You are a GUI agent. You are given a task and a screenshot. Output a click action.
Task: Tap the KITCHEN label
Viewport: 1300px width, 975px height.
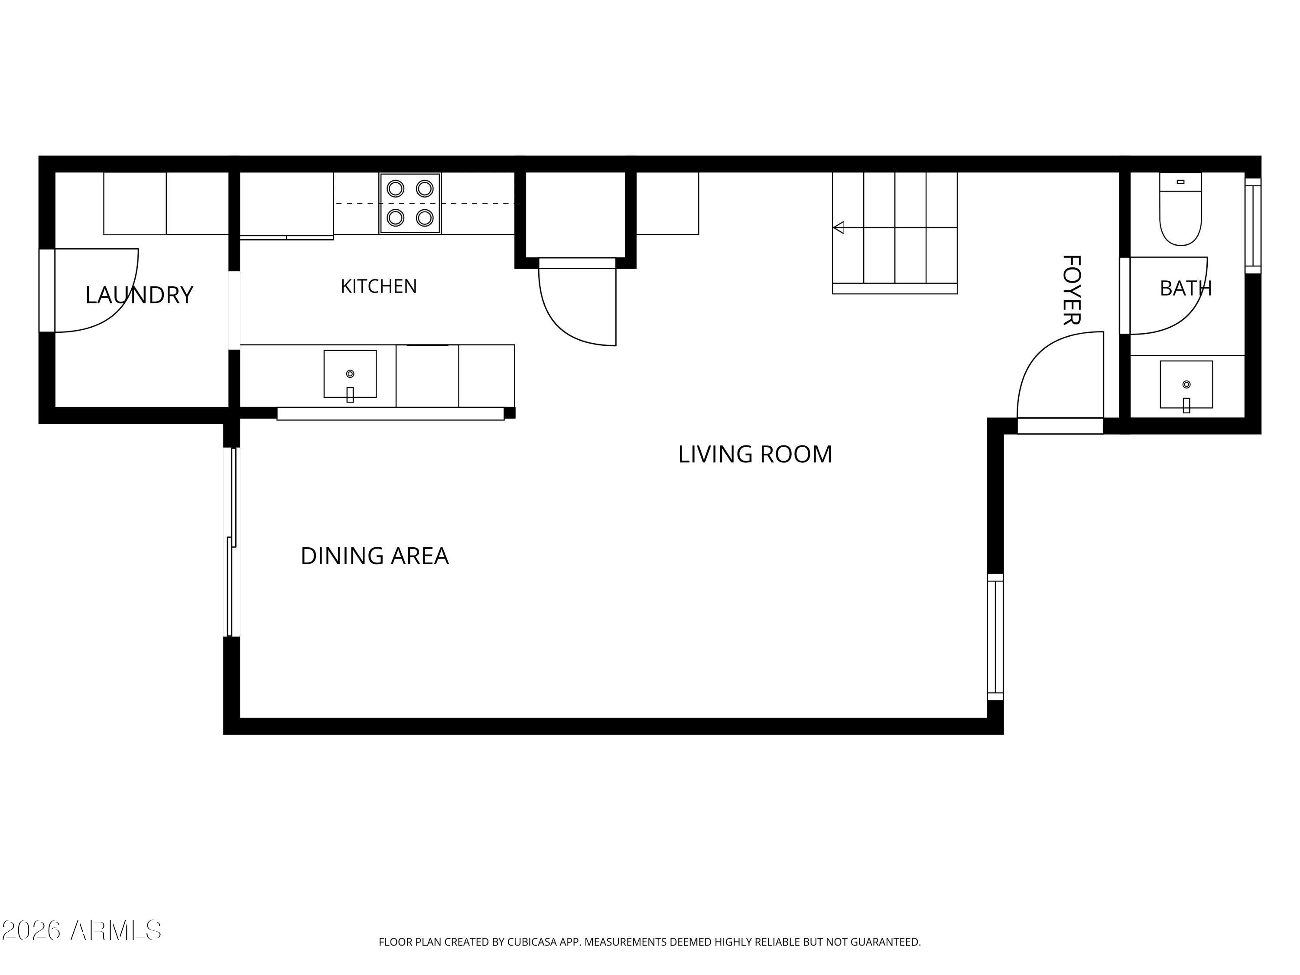coord(379,286)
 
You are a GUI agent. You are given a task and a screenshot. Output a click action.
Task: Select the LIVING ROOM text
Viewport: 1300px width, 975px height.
coord(755,454)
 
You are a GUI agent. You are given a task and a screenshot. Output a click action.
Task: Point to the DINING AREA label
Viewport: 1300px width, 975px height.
coord(374,556)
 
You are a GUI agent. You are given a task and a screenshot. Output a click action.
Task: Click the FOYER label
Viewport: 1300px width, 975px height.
coord(1072,290)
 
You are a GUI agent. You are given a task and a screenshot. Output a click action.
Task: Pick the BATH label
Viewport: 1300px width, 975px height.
coord(1186,288)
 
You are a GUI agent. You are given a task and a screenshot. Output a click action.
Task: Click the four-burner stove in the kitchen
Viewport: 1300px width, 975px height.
coord(410,203)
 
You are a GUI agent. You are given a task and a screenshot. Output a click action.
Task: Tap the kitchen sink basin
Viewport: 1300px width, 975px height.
coord(350,374)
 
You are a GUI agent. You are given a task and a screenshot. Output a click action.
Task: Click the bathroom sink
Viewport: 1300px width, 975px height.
coord(1186,384)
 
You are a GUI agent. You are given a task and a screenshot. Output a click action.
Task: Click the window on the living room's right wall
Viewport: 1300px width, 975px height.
coord(995,637)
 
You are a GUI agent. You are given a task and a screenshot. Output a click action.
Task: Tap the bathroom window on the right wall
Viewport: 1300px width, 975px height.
coord(1254,226)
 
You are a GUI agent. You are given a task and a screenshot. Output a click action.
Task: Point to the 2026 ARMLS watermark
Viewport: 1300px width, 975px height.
coord(82,930)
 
